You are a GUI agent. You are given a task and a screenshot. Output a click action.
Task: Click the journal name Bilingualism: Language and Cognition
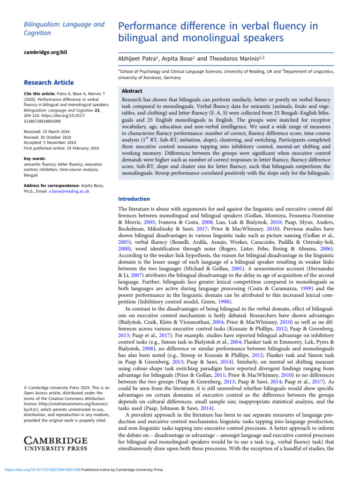(57, 28)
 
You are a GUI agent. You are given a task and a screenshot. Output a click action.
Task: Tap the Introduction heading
(134, 199)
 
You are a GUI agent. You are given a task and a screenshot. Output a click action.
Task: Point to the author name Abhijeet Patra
(137, 59)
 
